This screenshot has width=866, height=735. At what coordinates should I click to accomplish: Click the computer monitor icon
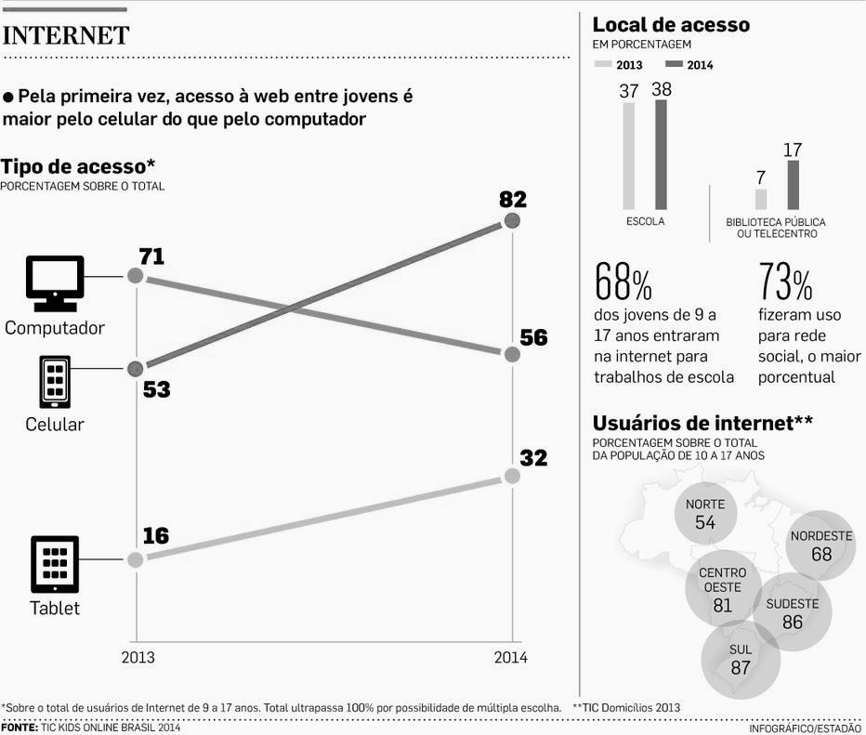55,282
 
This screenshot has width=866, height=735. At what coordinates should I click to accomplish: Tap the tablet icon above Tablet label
55,564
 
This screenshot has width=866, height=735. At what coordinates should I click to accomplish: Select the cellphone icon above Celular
55,381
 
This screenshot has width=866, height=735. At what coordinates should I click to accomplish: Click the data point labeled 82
511,221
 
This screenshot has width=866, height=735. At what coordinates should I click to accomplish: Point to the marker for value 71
136,275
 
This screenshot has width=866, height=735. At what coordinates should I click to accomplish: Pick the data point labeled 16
136,559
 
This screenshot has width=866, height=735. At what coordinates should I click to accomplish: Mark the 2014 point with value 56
511,354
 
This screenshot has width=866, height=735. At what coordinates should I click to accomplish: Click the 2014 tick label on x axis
510,657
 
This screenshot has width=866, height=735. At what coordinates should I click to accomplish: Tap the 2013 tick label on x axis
138,657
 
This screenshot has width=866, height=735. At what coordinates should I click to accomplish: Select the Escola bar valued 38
661,154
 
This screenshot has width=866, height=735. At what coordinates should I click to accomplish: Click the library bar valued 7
760,199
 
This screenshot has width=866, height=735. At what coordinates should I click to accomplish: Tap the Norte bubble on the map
705,513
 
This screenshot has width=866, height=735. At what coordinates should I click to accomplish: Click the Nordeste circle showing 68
820,545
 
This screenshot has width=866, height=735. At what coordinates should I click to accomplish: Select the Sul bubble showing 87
741,659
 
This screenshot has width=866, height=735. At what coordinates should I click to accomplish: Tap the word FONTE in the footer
19,728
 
